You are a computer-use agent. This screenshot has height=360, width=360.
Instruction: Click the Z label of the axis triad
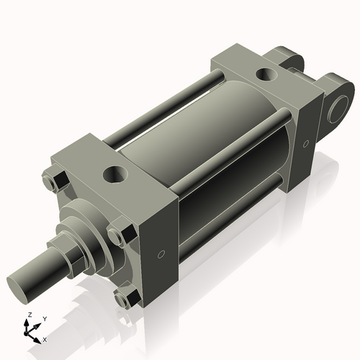point(29,315)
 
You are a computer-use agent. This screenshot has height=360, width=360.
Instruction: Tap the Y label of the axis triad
point(44,318)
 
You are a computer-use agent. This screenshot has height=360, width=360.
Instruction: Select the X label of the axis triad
point(45,338)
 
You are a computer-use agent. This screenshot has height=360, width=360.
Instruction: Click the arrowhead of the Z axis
point(29,323)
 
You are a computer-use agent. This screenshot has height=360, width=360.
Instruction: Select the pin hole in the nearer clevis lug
point(339,111)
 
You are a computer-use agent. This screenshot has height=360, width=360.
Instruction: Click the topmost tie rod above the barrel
point(166,104)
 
